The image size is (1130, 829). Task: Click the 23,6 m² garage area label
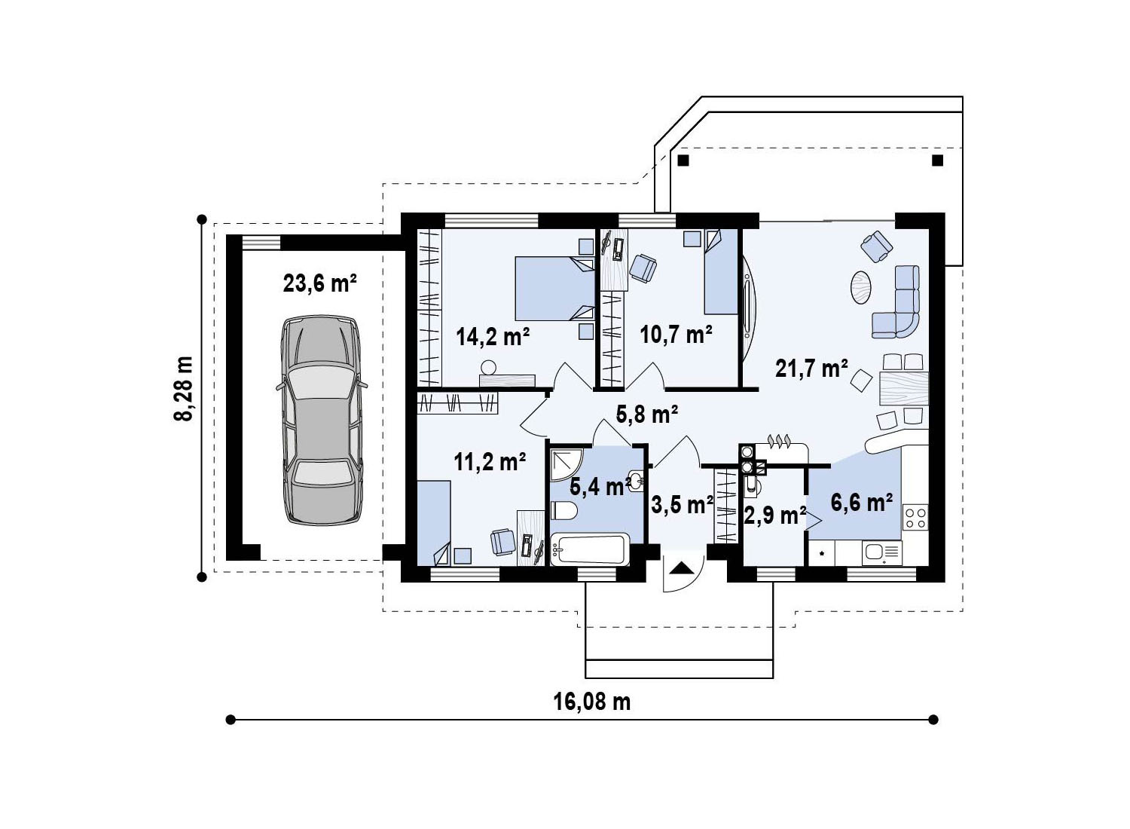pos(320,283)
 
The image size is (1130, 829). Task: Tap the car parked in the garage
pos(322,420)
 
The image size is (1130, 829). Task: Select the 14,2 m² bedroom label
pos(493,336)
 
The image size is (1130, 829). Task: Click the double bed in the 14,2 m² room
pos(555,289)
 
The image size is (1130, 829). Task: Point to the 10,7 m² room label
pos(676,334)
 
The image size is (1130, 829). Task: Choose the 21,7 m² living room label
pos(811,369)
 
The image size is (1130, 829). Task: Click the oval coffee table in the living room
pos(860,288)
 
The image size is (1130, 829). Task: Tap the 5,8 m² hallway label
pos(647,414)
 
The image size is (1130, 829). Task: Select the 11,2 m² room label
pos(490,461)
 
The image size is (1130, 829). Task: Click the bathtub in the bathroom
pos(590,549)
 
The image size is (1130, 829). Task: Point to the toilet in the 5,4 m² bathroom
pos(563,511)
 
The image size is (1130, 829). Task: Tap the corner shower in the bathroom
pos(566,464)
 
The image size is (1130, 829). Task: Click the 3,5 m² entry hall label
pos(682,505)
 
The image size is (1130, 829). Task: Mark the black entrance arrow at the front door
pos(682,568)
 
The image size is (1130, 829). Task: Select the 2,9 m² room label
pos(775,515)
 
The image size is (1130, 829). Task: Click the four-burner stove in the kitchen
pos(915,518)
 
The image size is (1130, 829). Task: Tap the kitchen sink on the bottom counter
pos(882,553)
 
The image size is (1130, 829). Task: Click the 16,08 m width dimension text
pos(592,702)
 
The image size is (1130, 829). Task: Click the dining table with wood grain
pos(904,389)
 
